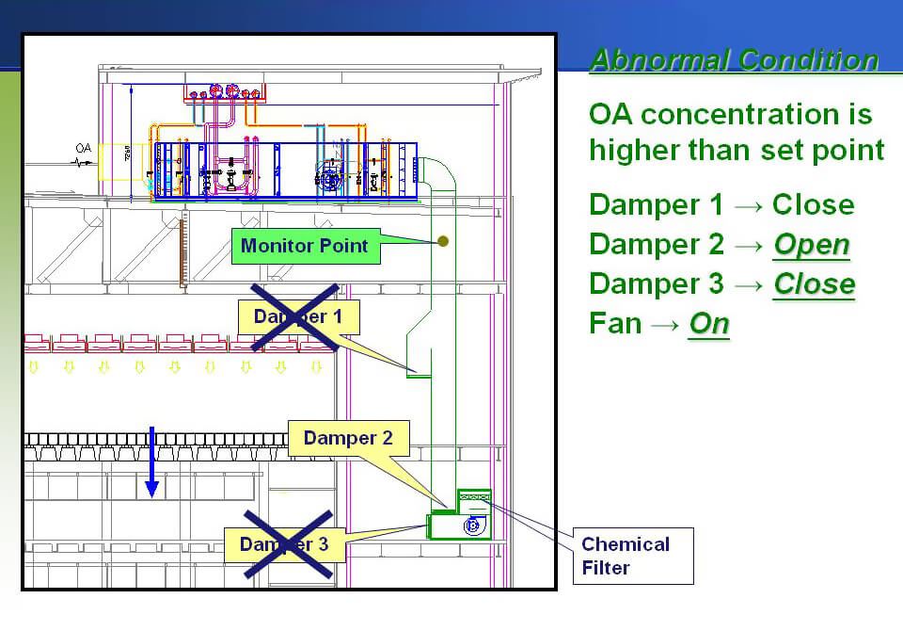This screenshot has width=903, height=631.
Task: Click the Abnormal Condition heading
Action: tap(734, 60)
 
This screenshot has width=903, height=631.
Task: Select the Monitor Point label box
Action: tap(306, 247)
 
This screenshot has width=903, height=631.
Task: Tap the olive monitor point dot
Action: tap(443, 242)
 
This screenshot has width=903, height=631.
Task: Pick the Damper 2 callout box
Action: tap(348, 438)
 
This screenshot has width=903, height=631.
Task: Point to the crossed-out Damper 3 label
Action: tap(284, 544)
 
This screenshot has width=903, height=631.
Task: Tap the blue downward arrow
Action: tap(151, 461)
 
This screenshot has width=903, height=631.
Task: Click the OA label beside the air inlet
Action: tap(84, 149)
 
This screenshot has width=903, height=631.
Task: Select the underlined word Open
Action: tap(811, 245)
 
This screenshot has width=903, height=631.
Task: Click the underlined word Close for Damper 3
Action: tap(814, 284)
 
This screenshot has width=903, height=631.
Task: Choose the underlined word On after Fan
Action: tap(709, 324)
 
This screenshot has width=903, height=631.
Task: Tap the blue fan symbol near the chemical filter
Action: tap(473, 526)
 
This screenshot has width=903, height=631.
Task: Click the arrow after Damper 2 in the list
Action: tap(749, 245)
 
